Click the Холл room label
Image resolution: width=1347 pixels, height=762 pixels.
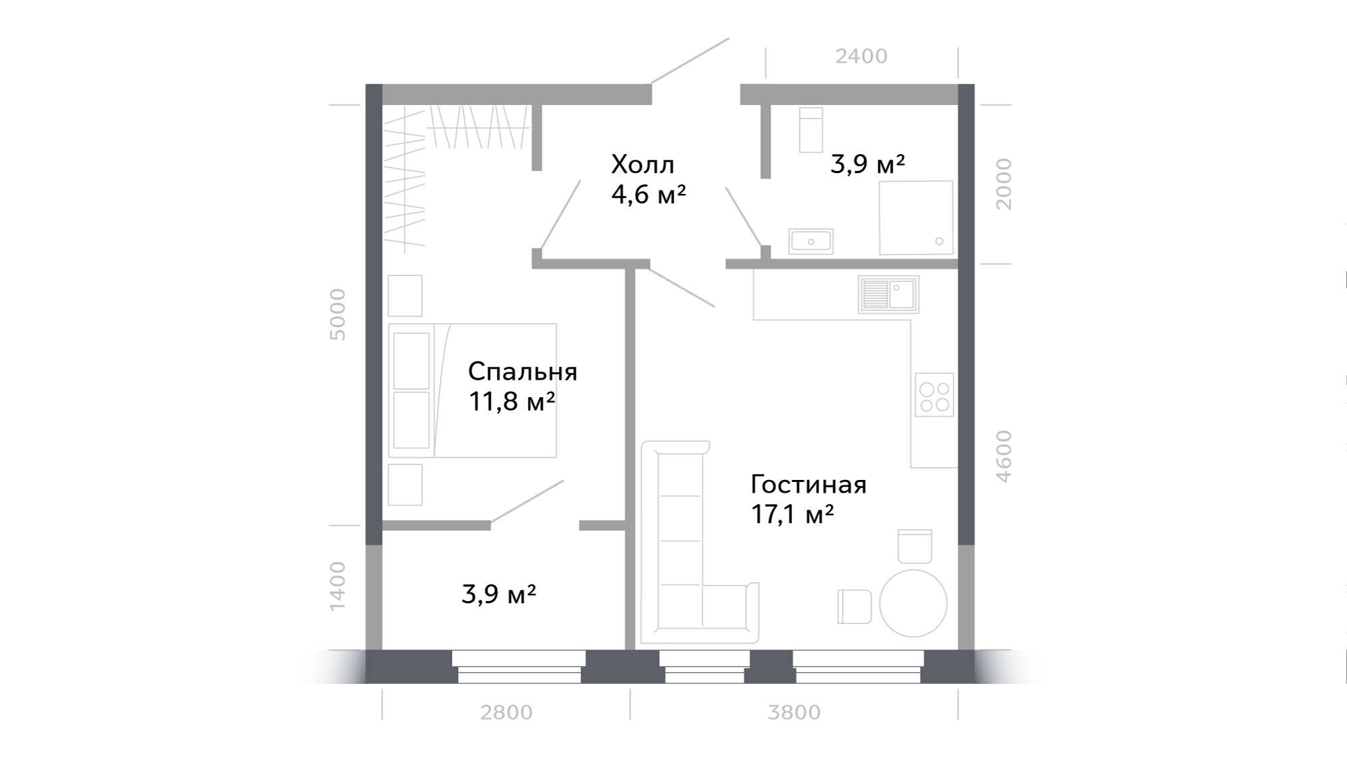pos(643,164)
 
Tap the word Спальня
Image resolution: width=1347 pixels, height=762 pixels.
pos(523,372)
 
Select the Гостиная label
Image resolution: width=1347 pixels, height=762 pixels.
pos(808,485)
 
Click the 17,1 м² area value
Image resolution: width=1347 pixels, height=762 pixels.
pos(792,515)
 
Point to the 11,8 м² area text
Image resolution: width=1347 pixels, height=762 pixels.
pos(511,402)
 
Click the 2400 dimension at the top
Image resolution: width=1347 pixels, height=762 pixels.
pos(861,57)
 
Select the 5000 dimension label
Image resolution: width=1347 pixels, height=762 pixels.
pos(337,314)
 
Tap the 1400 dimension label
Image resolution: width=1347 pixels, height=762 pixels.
pos(337,586)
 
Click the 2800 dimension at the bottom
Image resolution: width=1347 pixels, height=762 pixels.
pos(506,712)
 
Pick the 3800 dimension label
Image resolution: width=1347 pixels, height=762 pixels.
pos(794,712)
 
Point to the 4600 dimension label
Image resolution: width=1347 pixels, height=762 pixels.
pos(1004,456)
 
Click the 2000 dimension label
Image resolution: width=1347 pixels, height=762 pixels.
pos(1004,184)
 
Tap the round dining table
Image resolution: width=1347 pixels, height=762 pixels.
pos(913,603)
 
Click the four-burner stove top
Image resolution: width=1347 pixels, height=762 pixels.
pos(934,394)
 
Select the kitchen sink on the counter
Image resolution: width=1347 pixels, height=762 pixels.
pos(888,294)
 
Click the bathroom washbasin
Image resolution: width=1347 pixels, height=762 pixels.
pos(811,240)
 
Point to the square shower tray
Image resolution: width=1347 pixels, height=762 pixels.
pos(916,217)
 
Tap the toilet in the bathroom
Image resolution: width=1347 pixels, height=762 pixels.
pos(811,130)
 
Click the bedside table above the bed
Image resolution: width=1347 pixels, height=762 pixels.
pos(405,296)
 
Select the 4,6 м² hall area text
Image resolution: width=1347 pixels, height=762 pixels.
pos(649,195)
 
